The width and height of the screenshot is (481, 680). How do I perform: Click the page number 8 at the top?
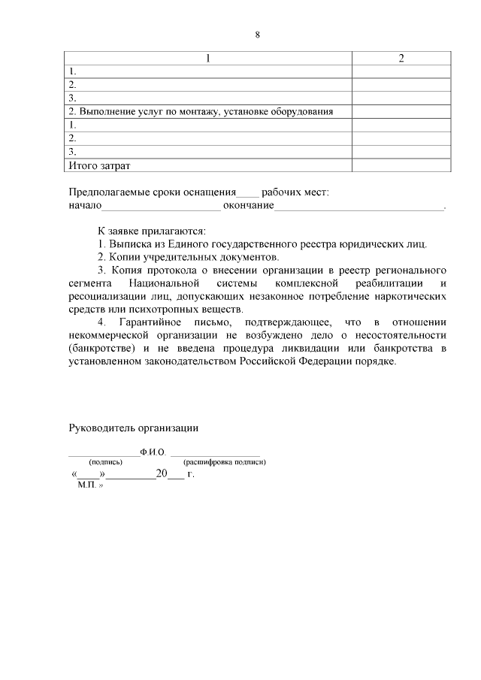point(257,35)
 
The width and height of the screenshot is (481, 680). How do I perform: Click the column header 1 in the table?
point(207,59)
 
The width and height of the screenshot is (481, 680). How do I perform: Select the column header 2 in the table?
point(401,59)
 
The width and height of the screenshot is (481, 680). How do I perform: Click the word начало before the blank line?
point(83,205)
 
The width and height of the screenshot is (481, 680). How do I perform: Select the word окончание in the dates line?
point(248,205)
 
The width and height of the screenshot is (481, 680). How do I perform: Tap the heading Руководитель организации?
point(133,428)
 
